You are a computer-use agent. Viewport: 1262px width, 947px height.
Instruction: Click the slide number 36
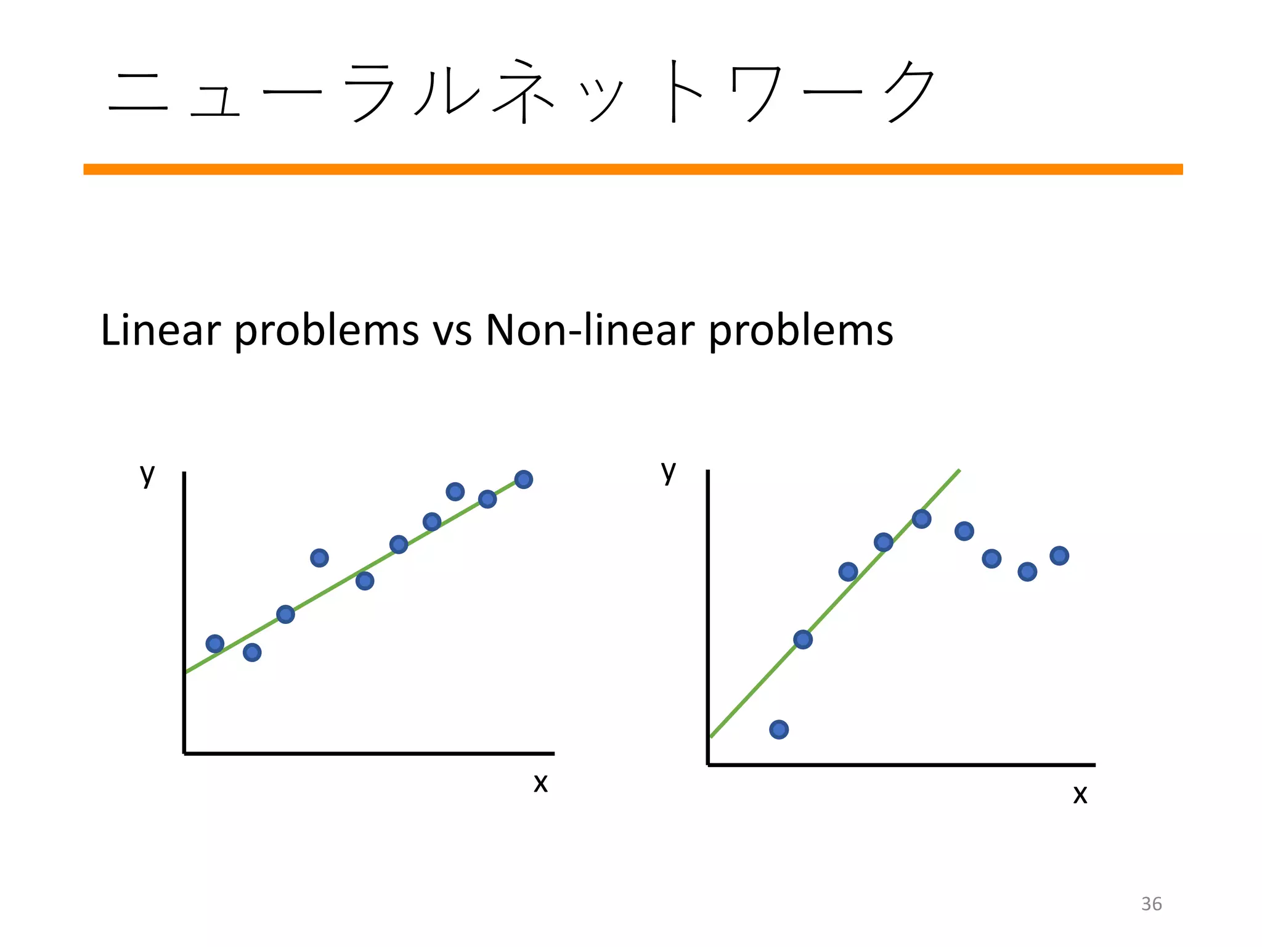1151,904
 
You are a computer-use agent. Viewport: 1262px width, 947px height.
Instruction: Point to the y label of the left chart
147,474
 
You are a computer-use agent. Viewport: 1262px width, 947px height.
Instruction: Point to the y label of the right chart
669,472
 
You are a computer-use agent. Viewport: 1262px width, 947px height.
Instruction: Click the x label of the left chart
540,784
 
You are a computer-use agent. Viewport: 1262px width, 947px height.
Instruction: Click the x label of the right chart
1080,795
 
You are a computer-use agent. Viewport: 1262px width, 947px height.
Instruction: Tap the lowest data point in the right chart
779,730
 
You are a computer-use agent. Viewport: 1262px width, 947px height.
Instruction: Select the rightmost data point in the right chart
1059,556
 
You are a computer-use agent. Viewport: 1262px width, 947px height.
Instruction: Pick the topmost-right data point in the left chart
523,480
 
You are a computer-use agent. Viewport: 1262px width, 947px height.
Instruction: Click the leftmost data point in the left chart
215,644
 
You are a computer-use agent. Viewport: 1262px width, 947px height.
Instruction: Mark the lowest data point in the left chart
252,652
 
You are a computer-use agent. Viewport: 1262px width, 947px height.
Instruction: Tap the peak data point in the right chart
921,519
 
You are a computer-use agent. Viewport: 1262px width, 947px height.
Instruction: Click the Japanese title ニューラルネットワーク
521,92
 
